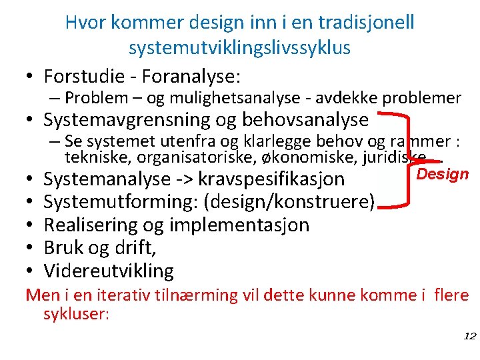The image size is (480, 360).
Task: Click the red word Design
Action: (x=443, y=175)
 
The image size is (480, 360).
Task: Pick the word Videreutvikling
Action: (x=109, y=271)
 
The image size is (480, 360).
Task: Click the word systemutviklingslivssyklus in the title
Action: (x=240, y=47)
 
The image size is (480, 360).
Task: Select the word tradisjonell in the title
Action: (x=363, y=22)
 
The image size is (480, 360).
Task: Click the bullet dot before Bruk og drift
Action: (x=31, y=248)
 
